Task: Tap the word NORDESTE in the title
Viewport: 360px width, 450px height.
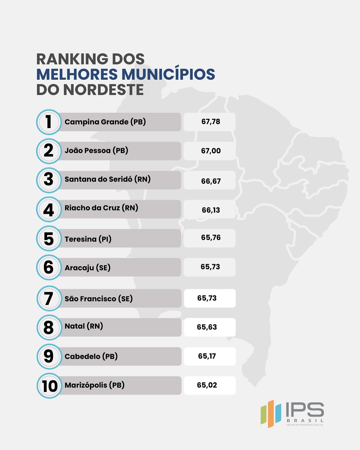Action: (104, 90)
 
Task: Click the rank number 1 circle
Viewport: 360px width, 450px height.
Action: (49, 122)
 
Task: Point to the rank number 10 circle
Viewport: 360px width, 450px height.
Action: (49, 386)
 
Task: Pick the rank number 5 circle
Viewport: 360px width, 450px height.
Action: (49, 239)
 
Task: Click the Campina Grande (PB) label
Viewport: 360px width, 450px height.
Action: (105, 122)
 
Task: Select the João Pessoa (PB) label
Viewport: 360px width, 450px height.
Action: (96, 150)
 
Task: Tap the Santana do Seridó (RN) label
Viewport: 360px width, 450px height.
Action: (107, 179)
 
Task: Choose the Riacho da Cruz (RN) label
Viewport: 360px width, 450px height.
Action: (101, 208)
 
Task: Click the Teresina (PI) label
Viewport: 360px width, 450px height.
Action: (88, 239)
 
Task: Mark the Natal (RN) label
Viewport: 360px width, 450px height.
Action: (84, 326)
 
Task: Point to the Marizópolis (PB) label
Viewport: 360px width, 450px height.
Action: (94, 385)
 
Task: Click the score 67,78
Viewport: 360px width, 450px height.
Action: (211, 122)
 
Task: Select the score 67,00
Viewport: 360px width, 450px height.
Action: (211, 151)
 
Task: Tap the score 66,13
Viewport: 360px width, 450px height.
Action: (211, 210)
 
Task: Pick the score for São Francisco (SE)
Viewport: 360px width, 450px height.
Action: (207, 298)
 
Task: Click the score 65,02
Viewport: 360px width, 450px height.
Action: (207, 385)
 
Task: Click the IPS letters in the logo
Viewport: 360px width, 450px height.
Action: (305, 410)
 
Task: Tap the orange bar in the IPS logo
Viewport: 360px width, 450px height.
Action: (270, 414)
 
